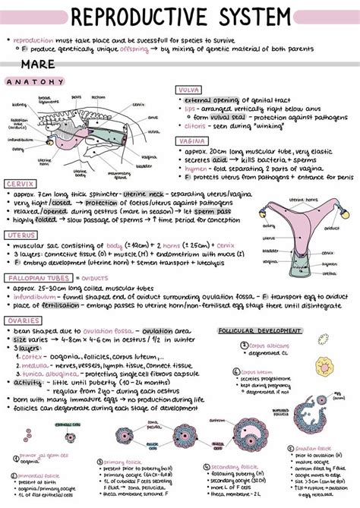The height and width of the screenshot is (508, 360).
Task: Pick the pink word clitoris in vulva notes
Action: tap(194, 126)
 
